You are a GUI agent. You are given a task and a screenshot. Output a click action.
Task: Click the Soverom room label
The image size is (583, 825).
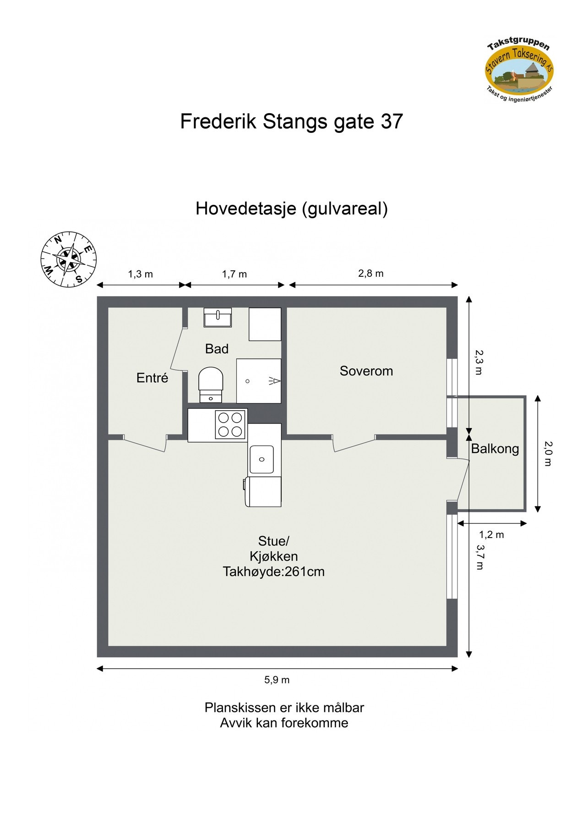click(366, 371)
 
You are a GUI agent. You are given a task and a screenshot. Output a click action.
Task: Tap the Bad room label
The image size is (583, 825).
click(217, 349)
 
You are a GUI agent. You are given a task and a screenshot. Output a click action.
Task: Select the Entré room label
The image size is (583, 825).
click(152, 378)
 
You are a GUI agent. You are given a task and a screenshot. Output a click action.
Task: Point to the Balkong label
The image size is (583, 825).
click(495, 449)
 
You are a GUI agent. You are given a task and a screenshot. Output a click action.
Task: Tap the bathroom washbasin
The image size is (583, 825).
click(218, 317)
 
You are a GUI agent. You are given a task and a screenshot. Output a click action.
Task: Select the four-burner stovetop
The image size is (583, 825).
click(230, 425)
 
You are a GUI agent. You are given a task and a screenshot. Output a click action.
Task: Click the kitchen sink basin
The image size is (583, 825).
click(262, 459)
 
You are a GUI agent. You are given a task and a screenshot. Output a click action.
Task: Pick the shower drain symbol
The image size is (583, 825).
click(248, 381)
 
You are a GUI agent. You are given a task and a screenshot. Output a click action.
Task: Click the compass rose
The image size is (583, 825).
click(69, 260)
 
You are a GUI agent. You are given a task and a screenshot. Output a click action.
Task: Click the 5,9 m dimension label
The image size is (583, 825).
click(277, 680)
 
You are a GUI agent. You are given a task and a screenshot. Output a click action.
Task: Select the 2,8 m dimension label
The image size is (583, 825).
click(371, 274)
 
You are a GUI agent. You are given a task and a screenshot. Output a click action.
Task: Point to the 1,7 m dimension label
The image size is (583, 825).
click(234, 274)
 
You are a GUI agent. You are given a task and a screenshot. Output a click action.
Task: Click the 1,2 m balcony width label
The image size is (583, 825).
click(491, 534)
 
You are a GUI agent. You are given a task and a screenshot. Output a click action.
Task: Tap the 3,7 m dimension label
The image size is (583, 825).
click(479, 557)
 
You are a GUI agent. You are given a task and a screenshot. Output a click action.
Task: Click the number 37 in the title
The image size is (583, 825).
click(392, 121)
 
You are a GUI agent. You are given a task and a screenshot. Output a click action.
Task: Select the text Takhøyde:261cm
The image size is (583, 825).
click(273, 572)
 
